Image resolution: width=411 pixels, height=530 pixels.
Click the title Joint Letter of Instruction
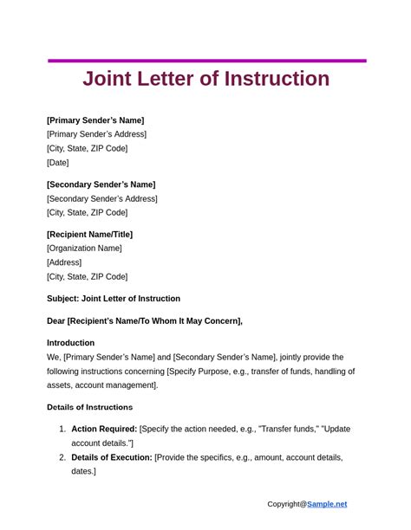[x=205, y=79]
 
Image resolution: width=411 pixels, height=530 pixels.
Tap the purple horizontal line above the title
[x=206, y=61]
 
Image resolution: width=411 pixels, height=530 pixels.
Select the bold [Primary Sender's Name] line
[x=95, y=120]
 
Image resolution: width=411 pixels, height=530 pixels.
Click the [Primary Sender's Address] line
[x=96, y=134]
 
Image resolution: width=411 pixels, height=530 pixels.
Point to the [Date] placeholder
[x=58, y=162]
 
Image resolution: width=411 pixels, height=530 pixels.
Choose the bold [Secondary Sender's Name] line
[x=101, y=184]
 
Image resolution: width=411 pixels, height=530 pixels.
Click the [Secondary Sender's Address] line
[x=101, y=198]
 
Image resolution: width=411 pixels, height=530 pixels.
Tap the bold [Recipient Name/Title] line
[x=89, y=235]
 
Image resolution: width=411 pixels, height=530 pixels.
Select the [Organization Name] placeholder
[x=84, y=249]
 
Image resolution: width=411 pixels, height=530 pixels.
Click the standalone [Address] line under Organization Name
[x=64, y=262]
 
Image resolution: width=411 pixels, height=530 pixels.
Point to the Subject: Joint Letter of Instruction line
[x=114, y=299]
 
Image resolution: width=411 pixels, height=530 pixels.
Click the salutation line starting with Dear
[x=145, y=321]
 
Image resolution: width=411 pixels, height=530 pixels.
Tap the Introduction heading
[x=71, y=343]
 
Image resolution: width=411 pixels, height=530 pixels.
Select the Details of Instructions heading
[x=89, y=407]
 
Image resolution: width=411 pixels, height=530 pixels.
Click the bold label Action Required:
[x=104, y=429]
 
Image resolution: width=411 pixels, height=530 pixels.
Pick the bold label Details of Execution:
[x=112, y=457]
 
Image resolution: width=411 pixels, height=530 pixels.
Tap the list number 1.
[x=62, y=429]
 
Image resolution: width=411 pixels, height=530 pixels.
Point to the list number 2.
[x=62, y=457]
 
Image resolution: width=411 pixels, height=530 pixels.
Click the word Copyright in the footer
[x=284, y=504]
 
